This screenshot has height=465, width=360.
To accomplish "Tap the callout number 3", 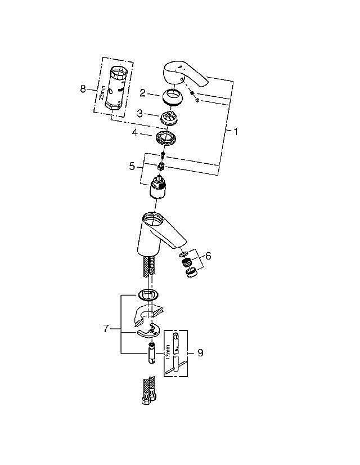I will pyautogui.click(x=143, y=114).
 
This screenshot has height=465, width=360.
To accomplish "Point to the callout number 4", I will pyautogui.click(x=135, y=133).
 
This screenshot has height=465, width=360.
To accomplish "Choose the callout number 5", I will pyautogui.click(x=132, y=166).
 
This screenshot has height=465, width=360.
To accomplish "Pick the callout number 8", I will pyautogui.click(x=84, y=89).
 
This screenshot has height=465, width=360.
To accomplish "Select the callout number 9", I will pyautogui.click(x=200, y=353).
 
